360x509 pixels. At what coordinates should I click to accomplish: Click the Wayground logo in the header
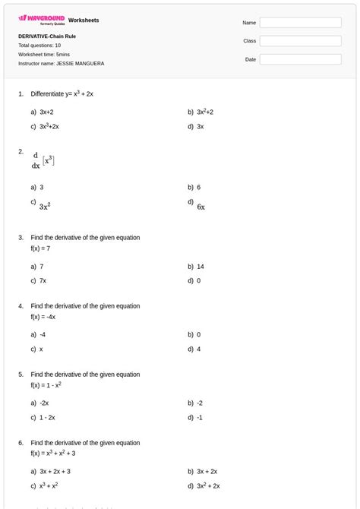[41, 18]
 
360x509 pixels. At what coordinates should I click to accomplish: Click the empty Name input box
[299, 23]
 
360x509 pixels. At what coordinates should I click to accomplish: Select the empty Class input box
[299, 41]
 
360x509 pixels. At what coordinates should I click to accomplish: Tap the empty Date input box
[299, 59]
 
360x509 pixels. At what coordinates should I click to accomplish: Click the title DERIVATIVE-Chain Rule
[47, 36]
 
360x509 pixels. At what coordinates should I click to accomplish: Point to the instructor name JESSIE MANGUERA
[61, 63]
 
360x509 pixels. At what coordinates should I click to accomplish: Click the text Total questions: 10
[39, 45]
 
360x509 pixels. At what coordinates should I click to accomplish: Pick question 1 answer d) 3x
[200, 126]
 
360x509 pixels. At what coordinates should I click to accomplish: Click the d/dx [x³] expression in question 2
[43, 160]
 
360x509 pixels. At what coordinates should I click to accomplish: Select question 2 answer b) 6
[198, 187]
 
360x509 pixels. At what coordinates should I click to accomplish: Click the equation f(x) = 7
[41, 248]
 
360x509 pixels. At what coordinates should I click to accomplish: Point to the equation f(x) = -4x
[43, 317]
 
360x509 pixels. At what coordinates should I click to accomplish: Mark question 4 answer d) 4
[198, 349]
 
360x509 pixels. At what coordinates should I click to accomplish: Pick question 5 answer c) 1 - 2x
[47, 417]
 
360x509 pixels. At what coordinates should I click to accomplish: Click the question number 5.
[21, 375]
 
